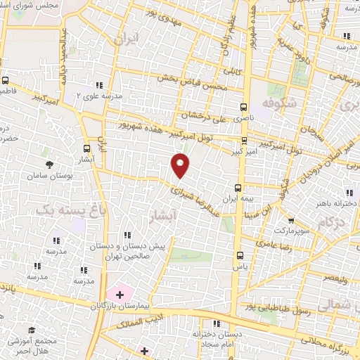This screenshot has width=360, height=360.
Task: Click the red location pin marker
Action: coord(181,165)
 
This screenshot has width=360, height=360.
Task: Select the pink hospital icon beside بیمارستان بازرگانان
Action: coord(118,293)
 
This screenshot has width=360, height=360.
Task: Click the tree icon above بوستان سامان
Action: coord(49,165)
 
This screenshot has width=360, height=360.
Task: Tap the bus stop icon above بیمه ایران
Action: coord(238,187)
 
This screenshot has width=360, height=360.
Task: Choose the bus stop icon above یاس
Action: coord(241,255)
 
